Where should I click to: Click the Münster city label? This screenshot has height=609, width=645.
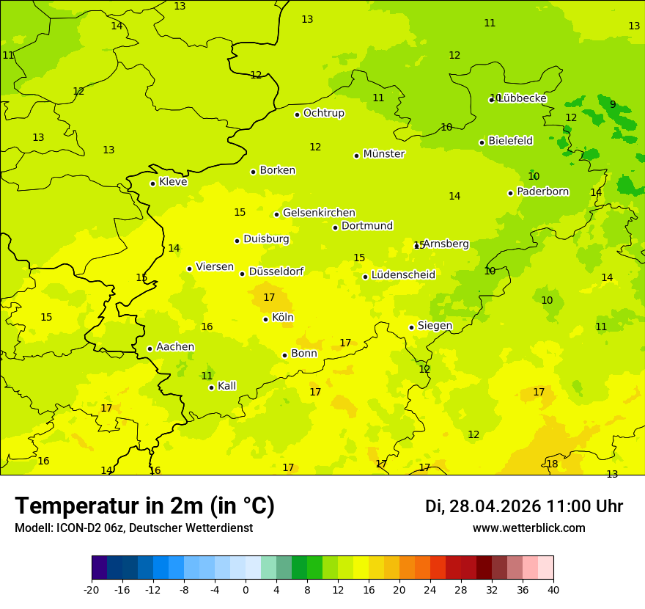(383, 154)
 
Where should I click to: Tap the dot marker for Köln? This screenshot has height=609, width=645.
(265, 319)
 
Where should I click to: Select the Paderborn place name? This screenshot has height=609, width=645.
(542, 192)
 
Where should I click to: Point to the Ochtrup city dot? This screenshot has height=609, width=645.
(297, 114)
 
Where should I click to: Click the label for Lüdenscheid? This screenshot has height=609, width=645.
(403, 275)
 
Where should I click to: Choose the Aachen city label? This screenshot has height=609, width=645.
(175, 347)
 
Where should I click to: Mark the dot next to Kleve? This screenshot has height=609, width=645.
(152, 183)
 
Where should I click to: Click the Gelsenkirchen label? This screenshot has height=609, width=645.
(319, 213)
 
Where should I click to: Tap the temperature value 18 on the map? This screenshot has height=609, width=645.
(552, 464)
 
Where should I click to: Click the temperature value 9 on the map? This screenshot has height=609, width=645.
(613, 104)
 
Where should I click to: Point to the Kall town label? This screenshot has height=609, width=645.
(226, 386)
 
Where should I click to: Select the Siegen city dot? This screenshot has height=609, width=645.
(411, 327)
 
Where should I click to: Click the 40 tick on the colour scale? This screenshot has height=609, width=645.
(553, 589)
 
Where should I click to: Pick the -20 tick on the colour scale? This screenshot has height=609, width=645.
(92, 589)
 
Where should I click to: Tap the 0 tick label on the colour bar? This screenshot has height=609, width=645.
(246, 589)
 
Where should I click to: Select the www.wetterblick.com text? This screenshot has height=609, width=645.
(528, 528)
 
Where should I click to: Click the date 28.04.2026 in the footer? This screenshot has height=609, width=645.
(495, 506)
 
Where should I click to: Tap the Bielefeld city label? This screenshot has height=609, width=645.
(510, 140)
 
